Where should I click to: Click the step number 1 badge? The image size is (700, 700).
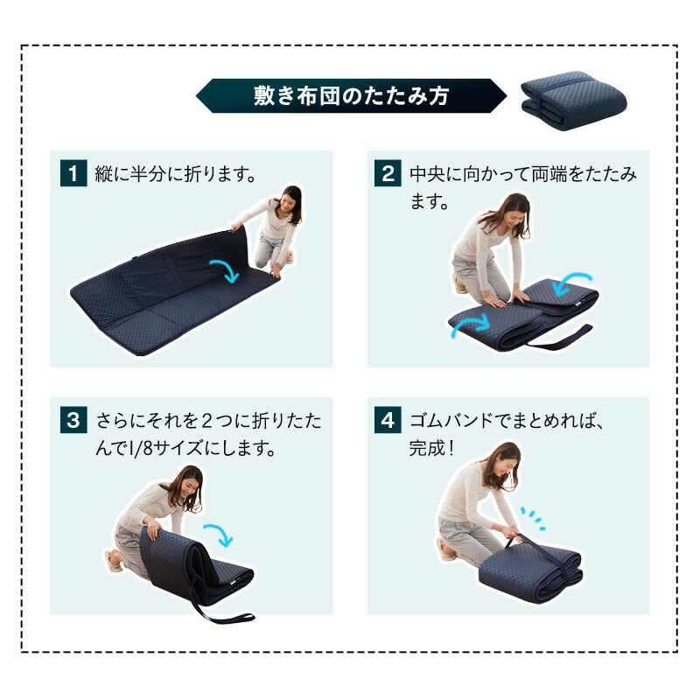pyautogui.click(x=73, y=172)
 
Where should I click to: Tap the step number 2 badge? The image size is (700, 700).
pyautogui.click(x=388, y=172)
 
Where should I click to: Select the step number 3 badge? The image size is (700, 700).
pyautogui.click(x=73, y=420)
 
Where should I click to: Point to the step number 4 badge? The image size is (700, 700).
pyautogui.click(x=388, y=420)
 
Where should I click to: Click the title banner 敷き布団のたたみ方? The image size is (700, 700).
pyautogui.click(x=352, y=95)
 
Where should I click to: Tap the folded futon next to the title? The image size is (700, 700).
pyautogui.click(x=573, y=101)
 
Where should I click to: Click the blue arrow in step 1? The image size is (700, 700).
pyautogui.click(x=225, y=269)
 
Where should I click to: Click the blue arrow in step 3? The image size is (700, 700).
pyautogui.click(x=220, y=534)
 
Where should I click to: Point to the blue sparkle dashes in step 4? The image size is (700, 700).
pyautogui.click(x=533, y=518)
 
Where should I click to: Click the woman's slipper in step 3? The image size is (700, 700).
pyautogui.click(x=113, y=561)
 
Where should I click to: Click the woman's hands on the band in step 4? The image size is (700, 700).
pyautogui.click(x=514, y=533)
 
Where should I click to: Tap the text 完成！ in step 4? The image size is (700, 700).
pyautogui.click(x=431, y=447)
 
